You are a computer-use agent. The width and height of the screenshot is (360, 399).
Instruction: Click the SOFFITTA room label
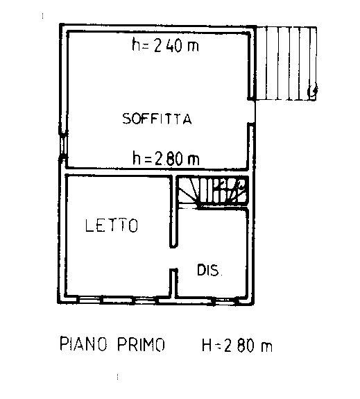click(x=157, y=119)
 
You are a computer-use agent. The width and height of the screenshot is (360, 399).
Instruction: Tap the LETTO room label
click(x=112, y=226)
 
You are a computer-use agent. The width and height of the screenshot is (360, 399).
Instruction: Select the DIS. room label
click(x=209, y=270)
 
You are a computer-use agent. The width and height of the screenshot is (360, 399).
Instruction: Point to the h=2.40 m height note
click(x=165, y=45)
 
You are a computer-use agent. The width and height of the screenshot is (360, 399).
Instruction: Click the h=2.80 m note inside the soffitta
click(x=166, y=158)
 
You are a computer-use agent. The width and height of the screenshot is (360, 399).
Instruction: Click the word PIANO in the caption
click(x=83, y=343)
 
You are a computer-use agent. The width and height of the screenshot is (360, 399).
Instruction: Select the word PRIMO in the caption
click(x=142, y=344)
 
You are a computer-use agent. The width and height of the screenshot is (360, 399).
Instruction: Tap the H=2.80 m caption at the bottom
click(x=237, y=346)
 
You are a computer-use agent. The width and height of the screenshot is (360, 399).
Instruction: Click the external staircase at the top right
click(x=286, y=63)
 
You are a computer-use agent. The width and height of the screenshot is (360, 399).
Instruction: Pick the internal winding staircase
click(x=212, y=192)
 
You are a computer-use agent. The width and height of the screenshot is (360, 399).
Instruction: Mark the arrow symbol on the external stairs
click(x=313, y=91)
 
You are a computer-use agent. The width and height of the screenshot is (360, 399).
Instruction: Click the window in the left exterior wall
click(x=63, y=144)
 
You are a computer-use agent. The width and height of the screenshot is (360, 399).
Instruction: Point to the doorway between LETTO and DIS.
click(x=173, y=258)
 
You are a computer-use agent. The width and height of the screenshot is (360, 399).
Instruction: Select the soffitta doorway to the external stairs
click(x=251, y=112)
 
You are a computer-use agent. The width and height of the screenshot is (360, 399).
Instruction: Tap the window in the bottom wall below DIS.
click(x=224, y=303)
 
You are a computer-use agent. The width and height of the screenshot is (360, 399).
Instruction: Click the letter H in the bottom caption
click(x=207, y=346)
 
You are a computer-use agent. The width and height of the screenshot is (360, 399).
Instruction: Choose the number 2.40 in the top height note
click(x=168, y=45)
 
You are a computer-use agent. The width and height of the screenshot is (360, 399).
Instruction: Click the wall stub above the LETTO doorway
click(x=173, y=211)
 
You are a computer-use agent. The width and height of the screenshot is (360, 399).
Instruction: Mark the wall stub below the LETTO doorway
click(x=173, y=283)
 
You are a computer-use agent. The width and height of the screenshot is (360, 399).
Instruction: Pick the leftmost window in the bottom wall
click(x=89, y=300)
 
